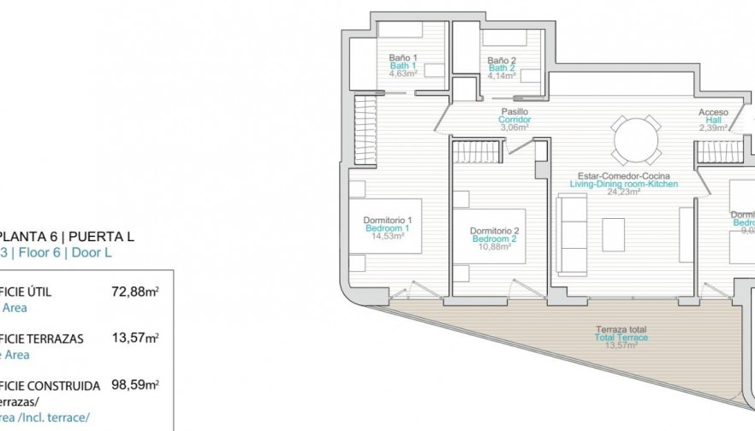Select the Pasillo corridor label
[514, 112]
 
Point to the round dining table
[635, 139]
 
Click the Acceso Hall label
[713, 112]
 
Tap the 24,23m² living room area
[624, 192]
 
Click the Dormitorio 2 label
[495, 231]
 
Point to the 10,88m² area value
[495, 247]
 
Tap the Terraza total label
[621, 329]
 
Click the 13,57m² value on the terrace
[621, 345]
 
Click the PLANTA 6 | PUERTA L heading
[67, 237]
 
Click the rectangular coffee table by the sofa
[613, 233]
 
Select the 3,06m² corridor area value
[514, 127]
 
